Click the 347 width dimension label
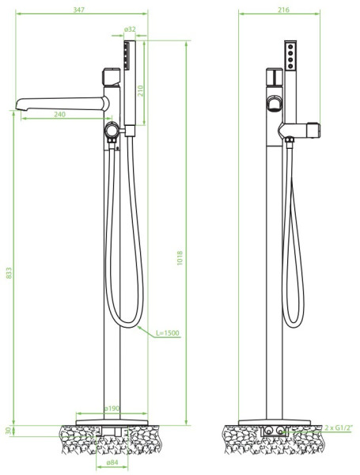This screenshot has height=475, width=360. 78,9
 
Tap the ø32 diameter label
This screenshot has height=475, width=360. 130,29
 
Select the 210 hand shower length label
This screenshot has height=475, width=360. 141,91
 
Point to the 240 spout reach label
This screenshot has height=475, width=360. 59,114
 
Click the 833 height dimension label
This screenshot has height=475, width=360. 9,272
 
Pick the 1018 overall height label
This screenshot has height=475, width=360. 180,258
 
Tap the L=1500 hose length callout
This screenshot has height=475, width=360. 168,333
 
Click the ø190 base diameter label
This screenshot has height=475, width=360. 112,408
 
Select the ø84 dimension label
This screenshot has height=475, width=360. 112,462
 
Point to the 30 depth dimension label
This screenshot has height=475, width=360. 9,431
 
